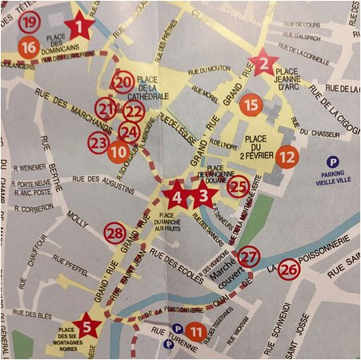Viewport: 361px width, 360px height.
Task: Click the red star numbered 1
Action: click(x=78, y=27)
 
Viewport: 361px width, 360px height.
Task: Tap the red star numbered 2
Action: click(x=266, y=62)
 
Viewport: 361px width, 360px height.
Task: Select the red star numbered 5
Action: click(x=86, y=326)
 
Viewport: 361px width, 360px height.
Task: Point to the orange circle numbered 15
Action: click(x=251, y=104)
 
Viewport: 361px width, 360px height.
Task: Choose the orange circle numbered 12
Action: click(x=287, y=157)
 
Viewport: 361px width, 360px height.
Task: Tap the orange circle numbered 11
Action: click(x=195, y=330)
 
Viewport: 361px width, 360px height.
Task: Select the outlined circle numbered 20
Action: click(x=122, y=82)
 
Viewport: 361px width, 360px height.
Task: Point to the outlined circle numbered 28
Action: click(x=116, y=233)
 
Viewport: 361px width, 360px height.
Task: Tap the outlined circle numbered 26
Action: click(x=289, y=272)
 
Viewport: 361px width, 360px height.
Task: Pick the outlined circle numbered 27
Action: click(x=250, y=256)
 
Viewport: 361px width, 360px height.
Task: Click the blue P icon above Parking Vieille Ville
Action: click(x=333, y=162)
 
